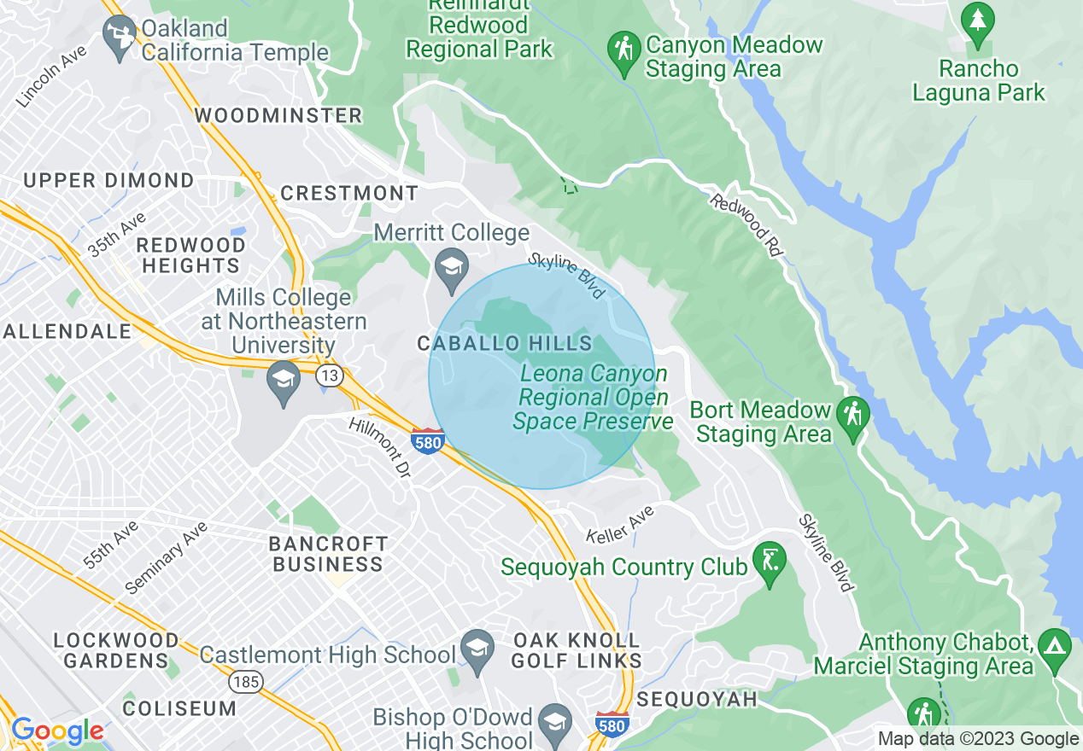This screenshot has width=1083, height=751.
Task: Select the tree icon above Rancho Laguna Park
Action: click(x=977, y=21)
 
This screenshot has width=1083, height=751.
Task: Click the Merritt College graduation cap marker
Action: click(x=452, y=266)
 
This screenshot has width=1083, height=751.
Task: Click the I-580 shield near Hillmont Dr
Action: click(x=427, y=440)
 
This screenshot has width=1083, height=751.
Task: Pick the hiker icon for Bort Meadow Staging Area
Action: click(x=852, y=415)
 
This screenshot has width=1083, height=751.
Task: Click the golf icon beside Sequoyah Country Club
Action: click(x=770, y=561)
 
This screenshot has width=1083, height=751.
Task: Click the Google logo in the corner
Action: click(x=57, y=731)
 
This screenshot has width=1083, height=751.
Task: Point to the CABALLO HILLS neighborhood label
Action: click(x=504, y=344)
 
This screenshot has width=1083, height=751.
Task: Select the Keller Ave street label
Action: click(x=620, y=524)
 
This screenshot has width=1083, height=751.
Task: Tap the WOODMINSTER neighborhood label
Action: click(x=278, y=115)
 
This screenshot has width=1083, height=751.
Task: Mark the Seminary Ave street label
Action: click(x=166, y=558)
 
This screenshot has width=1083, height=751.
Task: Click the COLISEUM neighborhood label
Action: click(x=179, y=708)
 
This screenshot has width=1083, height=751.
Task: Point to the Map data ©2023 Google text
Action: click(x=978, y=739)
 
